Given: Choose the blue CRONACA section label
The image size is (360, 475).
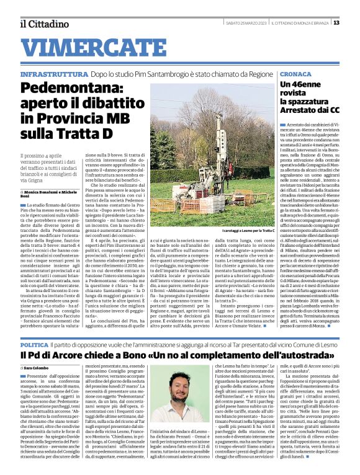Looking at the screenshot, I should point(297,73).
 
